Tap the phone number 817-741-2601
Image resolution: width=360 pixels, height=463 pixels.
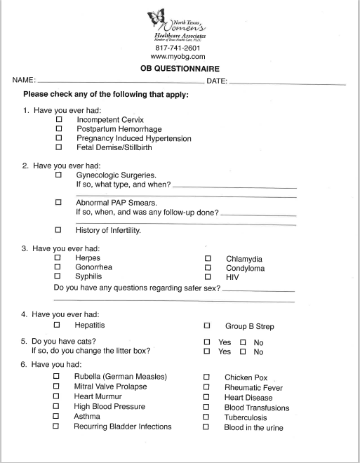click(x=178, y=46)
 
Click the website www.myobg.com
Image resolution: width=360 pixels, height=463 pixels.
click(x=178, y=55)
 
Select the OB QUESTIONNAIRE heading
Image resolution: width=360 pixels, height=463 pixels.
click(x=180, y=69)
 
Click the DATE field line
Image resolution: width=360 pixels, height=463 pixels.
click(x=288, y=82)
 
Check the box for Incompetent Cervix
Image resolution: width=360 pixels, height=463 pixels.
click(x=59, y=119)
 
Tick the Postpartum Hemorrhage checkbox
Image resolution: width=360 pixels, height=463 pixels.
click(x=59, y=129)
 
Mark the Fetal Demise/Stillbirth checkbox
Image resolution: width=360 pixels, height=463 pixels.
click(x=59, y=147)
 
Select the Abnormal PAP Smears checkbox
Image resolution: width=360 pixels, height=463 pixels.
click(x=59, y=202)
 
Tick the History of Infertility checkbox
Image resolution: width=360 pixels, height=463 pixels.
click(x=59, y=230)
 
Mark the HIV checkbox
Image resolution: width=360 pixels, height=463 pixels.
click(x=208, y=277)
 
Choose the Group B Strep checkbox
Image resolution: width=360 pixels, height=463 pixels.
click(x=208, y=326)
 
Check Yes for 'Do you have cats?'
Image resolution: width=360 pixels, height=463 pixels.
click(x=208, y=342)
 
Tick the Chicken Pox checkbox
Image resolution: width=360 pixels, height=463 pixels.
click(x=208, y=377)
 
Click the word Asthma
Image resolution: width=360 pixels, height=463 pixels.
click(x=86, y=417)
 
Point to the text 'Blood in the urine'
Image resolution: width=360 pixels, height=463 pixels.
click(x=254, y=427)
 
